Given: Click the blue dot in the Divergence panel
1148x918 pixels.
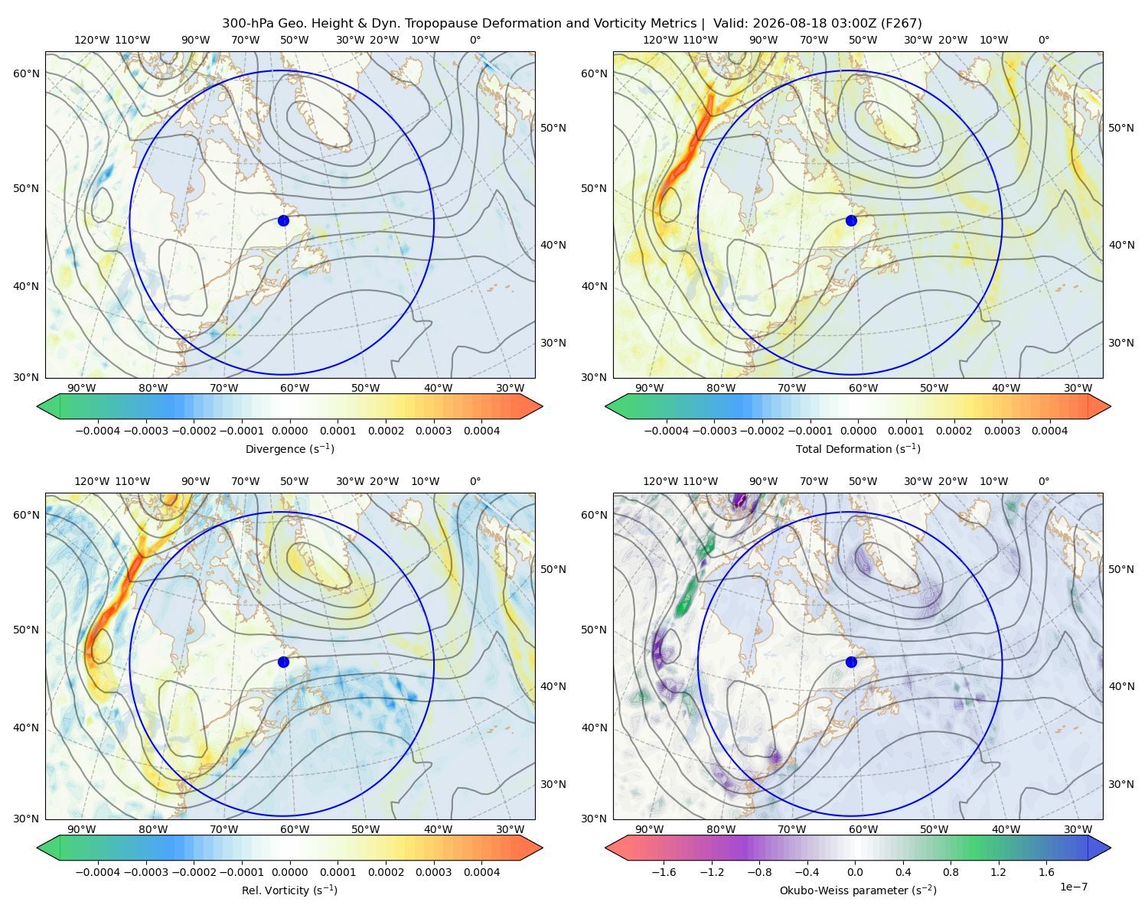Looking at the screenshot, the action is (283, 220).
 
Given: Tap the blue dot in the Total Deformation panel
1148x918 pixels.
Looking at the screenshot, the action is (851, 220).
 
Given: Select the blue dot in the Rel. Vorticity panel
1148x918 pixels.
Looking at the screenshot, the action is (283, 662).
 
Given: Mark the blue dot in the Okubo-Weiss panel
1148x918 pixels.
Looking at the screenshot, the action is (851, 662).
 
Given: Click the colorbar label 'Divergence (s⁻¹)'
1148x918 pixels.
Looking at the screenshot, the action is (289, 448).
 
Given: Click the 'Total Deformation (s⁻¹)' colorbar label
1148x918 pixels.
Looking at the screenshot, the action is (858, 448).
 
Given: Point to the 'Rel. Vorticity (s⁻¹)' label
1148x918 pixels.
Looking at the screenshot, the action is (289, 890).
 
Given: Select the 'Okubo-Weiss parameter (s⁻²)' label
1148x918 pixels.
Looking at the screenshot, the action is (858, 890).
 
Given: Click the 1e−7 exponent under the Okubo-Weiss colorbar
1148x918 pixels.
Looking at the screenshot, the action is (1073, 887).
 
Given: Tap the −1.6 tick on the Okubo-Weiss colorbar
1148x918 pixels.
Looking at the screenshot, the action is (664, 872).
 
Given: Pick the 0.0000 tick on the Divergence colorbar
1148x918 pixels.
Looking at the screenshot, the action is (289, 431).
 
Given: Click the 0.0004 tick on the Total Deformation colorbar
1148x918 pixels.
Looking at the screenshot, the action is (1049, 431).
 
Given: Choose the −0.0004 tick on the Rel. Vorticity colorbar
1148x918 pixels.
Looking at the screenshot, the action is (98, 872).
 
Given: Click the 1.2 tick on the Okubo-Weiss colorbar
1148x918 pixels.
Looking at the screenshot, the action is (998, 872).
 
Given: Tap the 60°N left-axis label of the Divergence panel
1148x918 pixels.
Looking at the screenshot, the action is (26, 73).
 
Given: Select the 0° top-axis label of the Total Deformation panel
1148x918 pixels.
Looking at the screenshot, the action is (1043, 40).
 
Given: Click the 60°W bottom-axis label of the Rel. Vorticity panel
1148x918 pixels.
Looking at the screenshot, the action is (295, 829).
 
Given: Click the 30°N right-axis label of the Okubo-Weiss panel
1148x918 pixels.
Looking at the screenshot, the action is (1121, 784).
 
